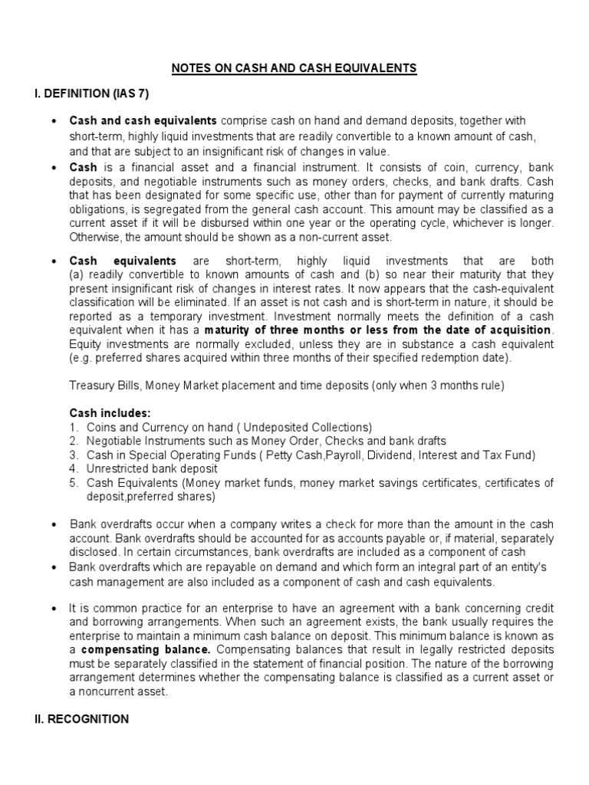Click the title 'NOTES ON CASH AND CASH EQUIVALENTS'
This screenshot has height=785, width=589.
click(294, 68)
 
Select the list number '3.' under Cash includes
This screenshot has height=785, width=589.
click(74, 455)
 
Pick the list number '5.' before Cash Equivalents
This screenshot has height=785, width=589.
click(74, 482)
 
